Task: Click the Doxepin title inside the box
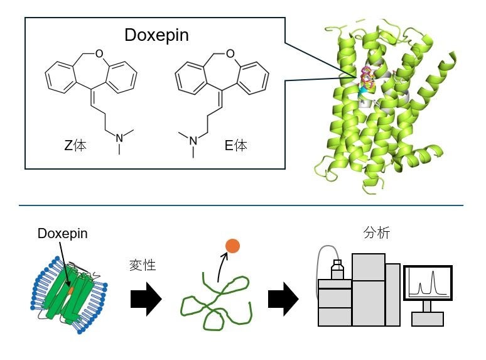(156, 35)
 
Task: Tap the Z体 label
(75, 146)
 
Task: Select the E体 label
(236, 146)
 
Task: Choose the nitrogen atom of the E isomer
(193, 139)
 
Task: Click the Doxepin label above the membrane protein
(62, 234)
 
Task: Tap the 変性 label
(144, 265)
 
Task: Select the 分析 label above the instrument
(377, 232)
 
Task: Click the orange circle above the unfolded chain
(232, 246)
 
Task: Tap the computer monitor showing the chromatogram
(428, 282)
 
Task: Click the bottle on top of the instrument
(337, 270)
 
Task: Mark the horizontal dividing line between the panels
(241, 205)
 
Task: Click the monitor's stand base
(428, 319)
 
